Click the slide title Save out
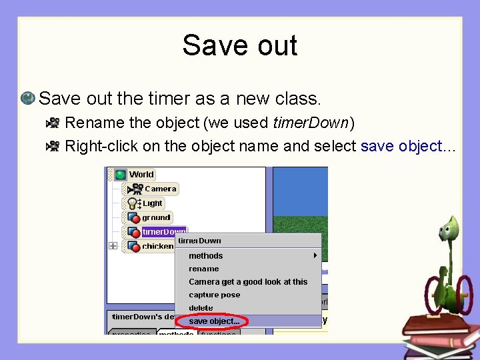[239, 46]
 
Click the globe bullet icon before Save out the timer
[28, 99]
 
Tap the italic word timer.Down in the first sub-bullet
[311, 123]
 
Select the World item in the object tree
[141, 175]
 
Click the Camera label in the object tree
[161, 189]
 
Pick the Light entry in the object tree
[153, 203]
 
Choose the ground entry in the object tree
[156, 217]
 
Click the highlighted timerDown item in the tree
[164, 232]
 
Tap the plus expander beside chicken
[113, 246]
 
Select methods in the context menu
[206, 256]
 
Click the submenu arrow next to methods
[315, 255]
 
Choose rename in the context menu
[204, 269]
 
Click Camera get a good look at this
[248, 282]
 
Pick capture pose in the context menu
[215, 295]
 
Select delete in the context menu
[201, 308]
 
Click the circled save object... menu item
[214, 321]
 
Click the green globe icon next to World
[121, 175]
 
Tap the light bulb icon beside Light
[133, 203]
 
